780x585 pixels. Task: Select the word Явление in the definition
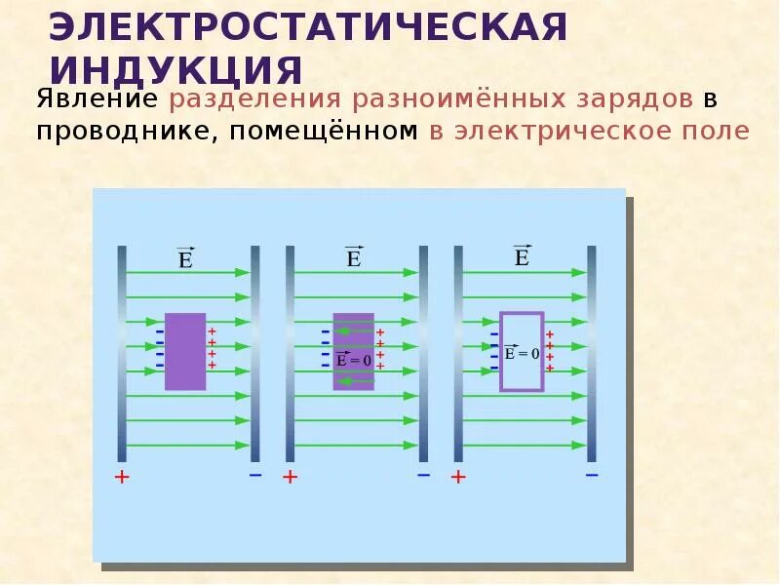pyautogui.click(x=97, y=99)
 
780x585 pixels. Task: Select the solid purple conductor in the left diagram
pyautogui.click(x=185, y=351)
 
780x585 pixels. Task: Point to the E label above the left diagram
pyautogui.click(x=185, y=258)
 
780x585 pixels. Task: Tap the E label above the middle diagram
pyautogui.click(x=353, y=257)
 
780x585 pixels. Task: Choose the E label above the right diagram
pyautogui.click(x=522, y=256)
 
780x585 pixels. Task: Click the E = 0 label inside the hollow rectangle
pyautogui.click(x=522, y=354)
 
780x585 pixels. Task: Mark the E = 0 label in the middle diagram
pyautogui.click(x=353, y=360)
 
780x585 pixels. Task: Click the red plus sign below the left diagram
pyautogui.click(x=122, y=477)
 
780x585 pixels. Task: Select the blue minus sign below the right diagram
pyautogui.click(x=592, y=475)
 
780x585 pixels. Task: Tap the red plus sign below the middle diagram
pyautogui.click(x=290, y=477)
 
